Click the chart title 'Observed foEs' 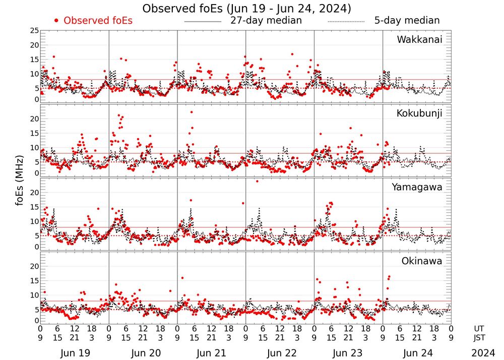[x=246, y=9]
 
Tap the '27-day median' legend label [x=266, y=21]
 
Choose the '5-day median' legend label [x=407, y=21]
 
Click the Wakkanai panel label [x=419, y=40]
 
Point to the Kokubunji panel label [x=419, y=113]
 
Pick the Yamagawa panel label [x=417, y=187]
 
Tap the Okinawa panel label [x=421, y=261]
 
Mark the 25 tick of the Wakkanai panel [x=34, y=31]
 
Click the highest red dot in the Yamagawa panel [x=257, y=181]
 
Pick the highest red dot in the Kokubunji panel [x=192, y=112]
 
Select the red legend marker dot [x=56, y=21]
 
